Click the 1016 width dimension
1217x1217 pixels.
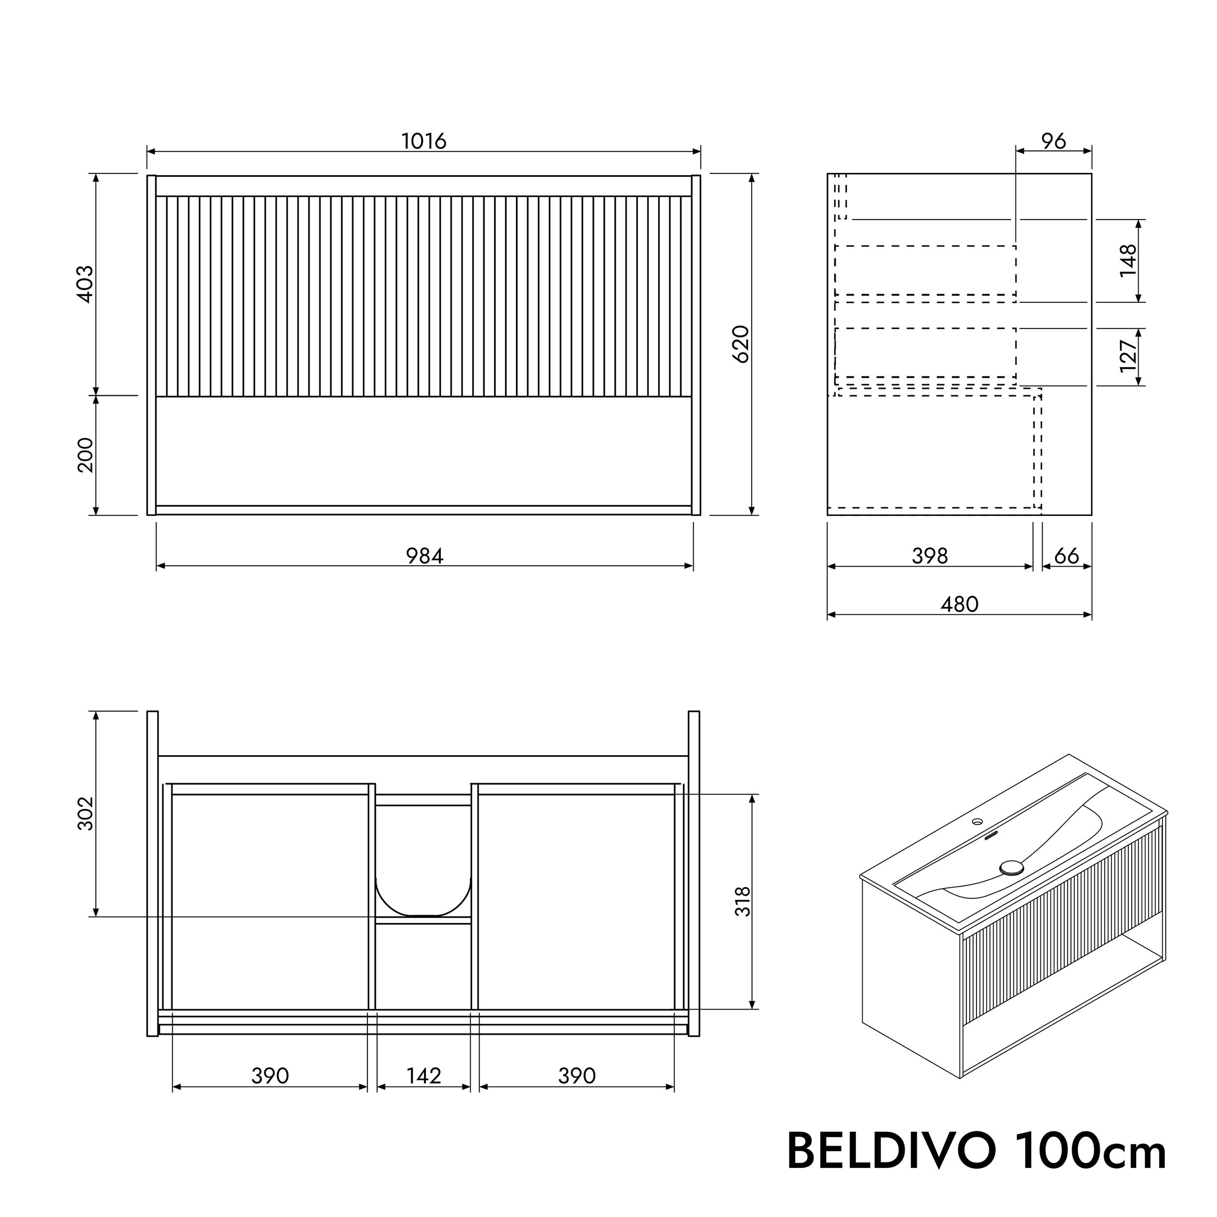pyautogui.click(x=424, y=141)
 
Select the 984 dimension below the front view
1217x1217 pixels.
pyautogui.click(x=424, y=555)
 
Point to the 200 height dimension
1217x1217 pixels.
pyautogui.click(x=85, y=455)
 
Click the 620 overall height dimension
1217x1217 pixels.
pyautogui.click(x=741, y=344)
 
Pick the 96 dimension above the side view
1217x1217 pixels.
pyautogui.click(x=1053, y=142)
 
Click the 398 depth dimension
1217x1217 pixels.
pyautogui.click(x=930, y=555)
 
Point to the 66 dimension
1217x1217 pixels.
pyautogui.click(x=1067, y=555)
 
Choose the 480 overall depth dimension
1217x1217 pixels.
pyautogui.click(x=959, y=604)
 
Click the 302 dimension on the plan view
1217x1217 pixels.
pyautogui.click(x=85, y=814)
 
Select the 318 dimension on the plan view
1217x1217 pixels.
pyautogui.click(x=743, y=902)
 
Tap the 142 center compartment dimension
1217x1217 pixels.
pyautogui.click(x=424, y=1075)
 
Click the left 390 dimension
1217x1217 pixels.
pyautogui.click(x=270, y=1075)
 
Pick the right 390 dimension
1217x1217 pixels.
pyautogui.click(x=576, y=1075)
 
